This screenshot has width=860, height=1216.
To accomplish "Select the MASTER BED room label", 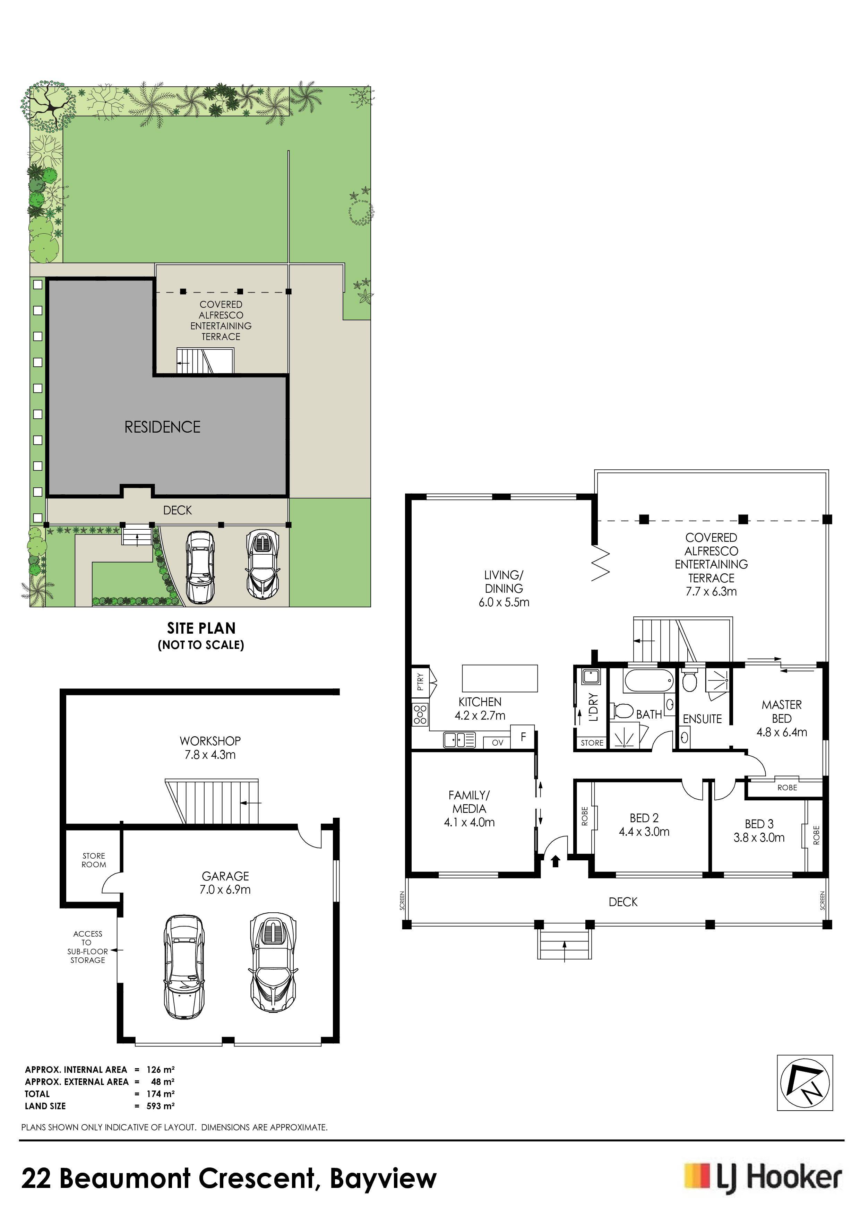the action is pyautogui.click(x=782, y=711).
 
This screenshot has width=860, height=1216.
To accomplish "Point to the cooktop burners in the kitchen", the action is pyautogui.click(x=420, y=714).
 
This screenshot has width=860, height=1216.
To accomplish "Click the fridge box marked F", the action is pyautogui.click(x=523, y=737).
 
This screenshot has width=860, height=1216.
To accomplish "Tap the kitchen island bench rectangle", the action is pyautogui.click(x=500, y=678).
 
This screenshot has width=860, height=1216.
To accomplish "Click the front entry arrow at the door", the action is pyautogui.click(x=555, y=861).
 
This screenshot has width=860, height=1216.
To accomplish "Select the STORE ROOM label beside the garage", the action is pyautogui.click(x=94, y=860).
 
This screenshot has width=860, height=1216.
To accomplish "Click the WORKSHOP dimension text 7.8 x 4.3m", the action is pyautogui.click(x=210, y=755).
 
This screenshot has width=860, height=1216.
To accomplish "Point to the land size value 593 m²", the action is pyautogui.click(x=161, y=1106).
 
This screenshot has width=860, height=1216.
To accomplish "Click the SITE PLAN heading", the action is pyautogui.click(x=201, y=628).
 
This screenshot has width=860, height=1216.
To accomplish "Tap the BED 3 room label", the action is pyautogui.click(x=759, y=824).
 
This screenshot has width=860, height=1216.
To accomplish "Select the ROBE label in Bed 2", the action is pyautogui.click(x=584, y=816).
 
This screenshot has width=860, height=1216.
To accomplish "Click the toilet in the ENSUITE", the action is pyautogui.click(x=689, y=681).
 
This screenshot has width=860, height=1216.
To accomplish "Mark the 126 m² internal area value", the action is pyautogui.click(x=161, y=1069).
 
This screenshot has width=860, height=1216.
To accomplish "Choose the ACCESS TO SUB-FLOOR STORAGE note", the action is pyautogui.click(x=87, y=947).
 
